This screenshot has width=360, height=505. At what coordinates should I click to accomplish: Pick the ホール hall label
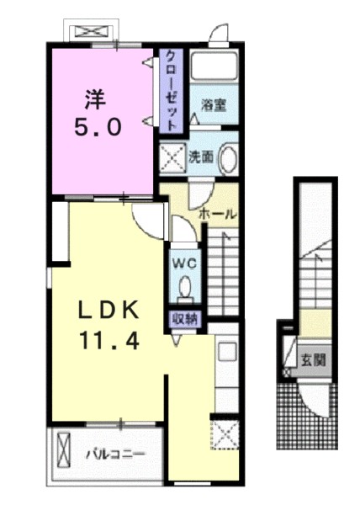pos(217,214)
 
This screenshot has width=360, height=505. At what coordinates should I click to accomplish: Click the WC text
pos(185,263)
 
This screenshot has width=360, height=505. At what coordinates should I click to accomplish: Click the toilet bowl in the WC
pos(185,290)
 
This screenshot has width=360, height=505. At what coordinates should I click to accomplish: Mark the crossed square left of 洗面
pos(173,157)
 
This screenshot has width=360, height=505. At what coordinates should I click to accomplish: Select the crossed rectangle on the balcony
pos(64,454)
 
